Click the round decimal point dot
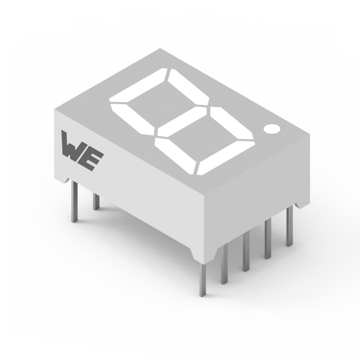pyautogui.click(x=272, y=129)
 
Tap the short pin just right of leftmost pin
pyautogui.click(x=96, y=201)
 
